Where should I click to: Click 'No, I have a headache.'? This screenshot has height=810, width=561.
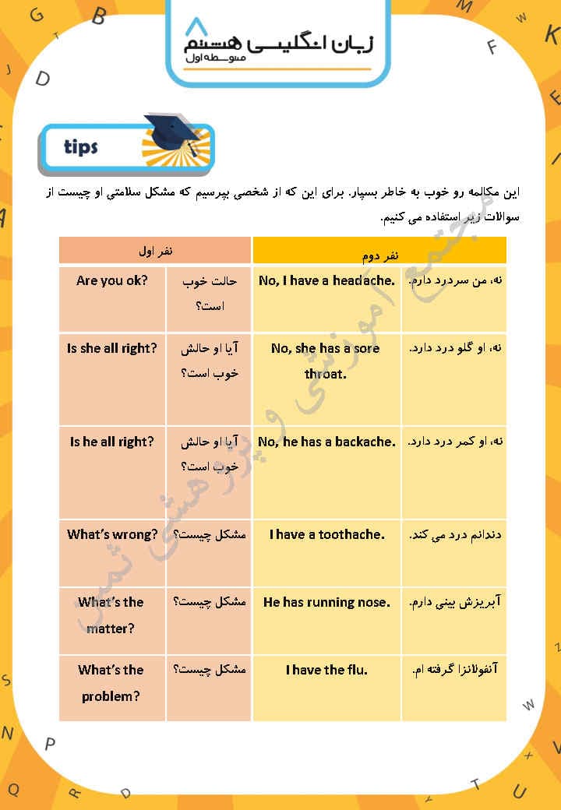tap(326, 280)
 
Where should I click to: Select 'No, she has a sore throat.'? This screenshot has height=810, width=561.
tap(326, 361)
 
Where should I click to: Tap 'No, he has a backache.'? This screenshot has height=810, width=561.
tap(326, 442)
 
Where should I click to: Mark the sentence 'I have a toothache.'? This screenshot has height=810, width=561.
tap(327, 534)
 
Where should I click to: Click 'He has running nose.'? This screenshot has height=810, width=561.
tap(326, 602)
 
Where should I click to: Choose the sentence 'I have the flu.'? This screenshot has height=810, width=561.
tap(327, 670)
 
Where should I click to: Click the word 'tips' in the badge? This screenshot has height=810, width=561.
tap(81, 146)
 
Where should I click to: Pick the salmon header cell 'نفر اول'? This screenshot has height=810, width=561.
tap(155, 249)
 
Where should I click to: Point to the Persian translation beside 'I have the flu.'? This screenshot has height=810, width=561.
tap(453, 670)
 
